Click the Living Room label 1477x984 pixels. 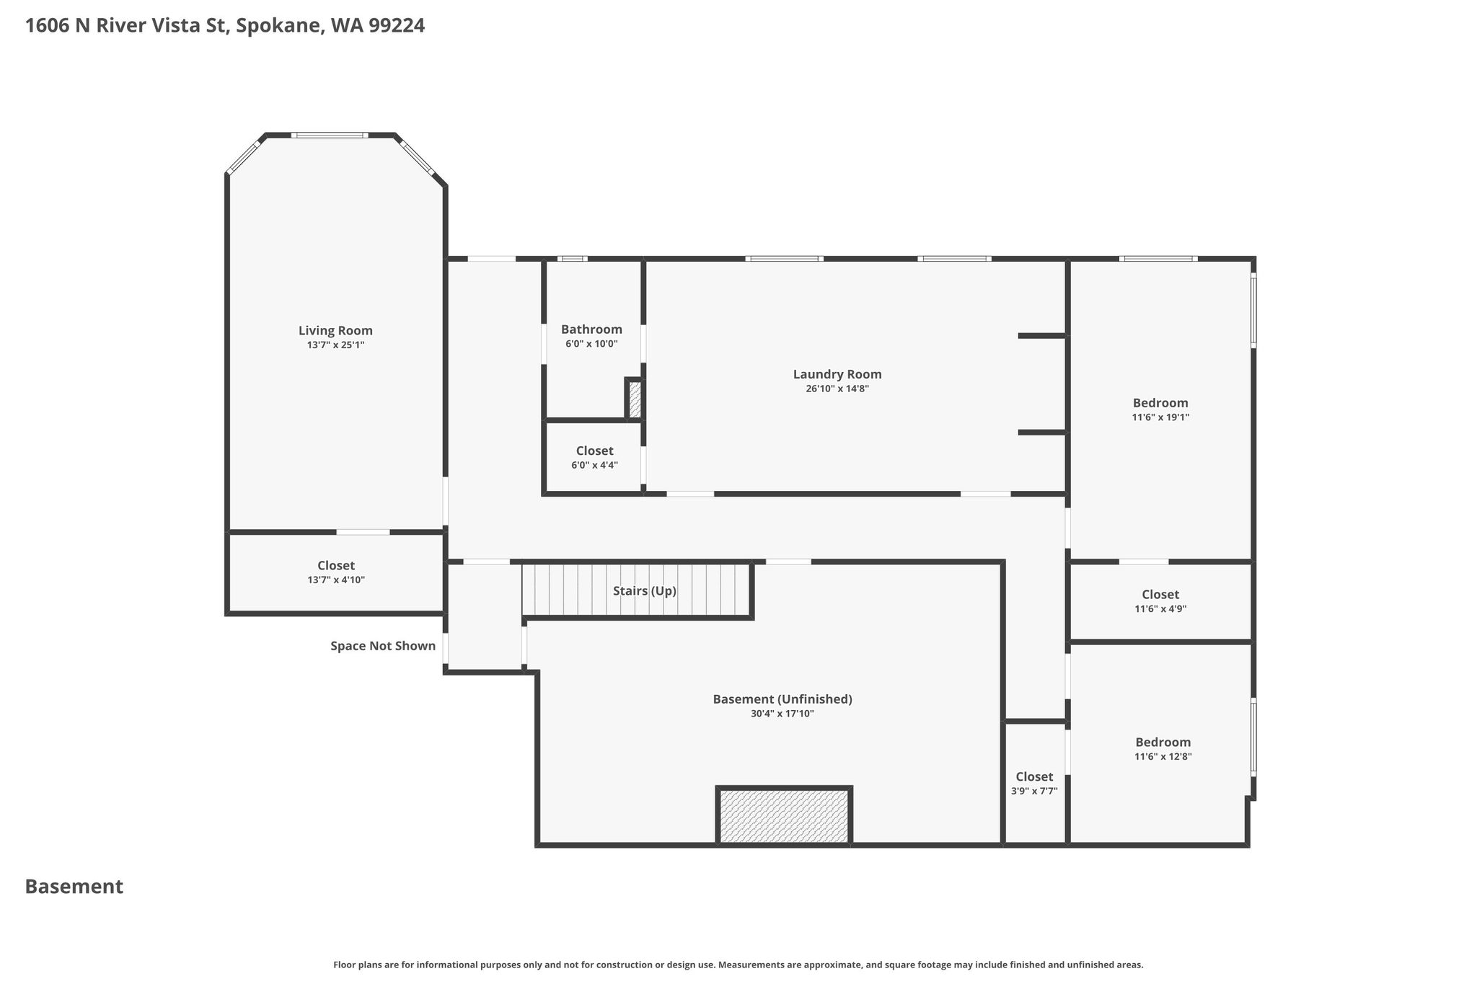coord(335,331)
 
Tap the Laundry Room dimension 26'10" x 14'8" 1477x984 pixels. coord(837,389)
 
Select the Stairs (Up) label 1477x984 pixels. coord(645,591)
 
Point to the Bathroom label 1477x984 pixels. coord(591,329)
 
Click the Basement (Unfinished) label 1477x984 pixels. coord(782,699)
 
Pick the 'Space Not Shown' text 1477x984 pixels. coord(383,646)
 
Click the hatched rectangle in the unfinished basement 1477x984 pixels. coord(784,815)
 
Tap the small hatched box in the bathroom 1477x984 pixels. coord(635,399)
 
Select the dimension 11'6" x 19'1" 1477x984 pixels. coord(1160,417)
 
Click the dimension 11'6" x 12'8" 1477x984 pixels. coord(1163,756)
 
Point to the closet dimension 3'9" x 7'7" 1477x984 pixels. coord(1034,791)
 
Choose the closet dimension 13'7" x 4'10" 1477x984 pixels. coord(336,580)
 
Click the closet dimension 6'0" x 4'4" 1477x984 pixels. coord(594,465)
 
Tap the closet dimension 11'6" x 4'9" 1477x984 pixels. coord(1160,608)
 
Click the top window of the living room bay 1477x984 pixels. coord(330,135)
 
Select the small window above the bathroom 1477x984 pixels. coord(573,258)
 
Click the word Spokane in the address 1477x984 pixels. coord(280,26)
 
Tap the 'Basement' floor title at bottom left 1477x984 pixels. coord(74,887)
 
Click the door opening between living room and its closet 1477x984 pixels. coord(363,532)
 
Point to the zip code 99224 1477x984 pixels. coord(397,26)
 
